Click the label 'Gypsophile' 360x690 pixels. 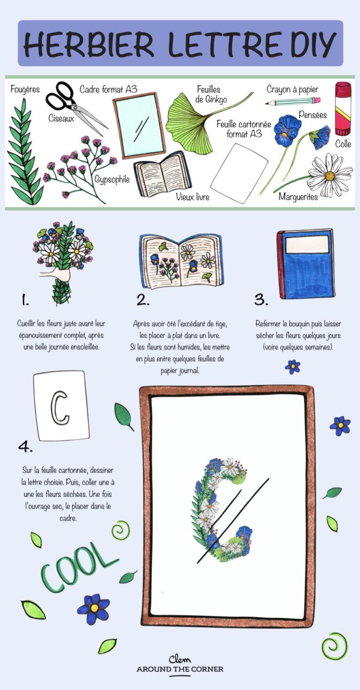click(112, 180)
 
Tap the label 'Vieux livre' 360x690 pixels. click(192, 197)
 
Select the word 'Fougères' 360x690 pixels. click(25, 89)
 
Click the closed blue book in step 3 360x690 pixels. click(306, 263)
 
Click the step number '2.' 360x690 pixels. click(143, 300)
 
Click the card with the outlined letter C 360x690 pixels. click(61, 405)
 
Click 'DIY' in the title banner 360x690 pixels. click(313, 44)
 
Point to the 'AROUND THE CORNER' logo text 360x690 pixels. click(180, 669)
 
